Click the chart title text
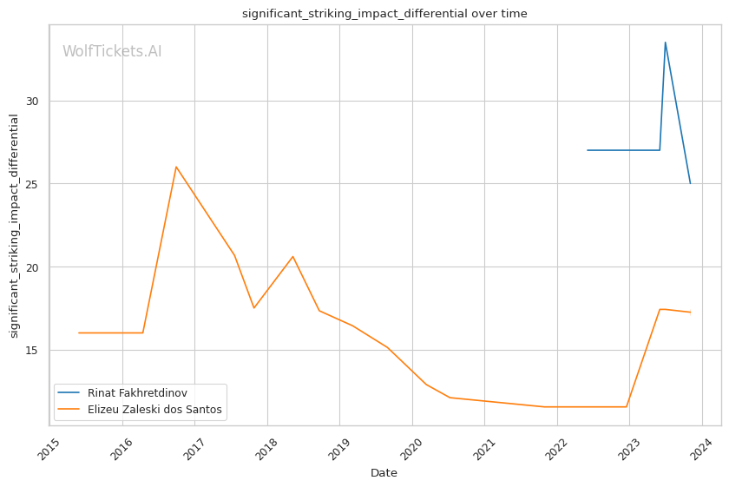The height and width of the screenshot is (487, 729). (384, 14)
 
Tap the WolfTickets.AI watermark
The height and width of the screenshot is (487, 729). (112, 52)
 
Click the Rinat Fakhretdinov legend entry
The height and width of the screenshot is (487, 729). (137, 393)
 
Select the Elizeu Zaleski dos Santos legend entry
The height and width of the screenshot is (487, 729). (154, 410)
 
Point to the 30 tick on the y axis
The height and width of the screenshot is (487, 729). (37, 101)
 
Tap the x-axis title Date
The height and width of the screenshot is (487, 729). (384, 473)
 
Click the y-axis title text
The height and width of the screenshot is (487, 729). (14, 226)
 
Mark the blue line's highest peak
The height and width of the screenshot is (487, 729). (666, 43)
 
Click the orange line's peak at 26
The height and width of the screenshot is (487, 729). (176, 167)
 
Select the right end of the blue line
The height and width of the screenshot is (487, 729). (691, 183)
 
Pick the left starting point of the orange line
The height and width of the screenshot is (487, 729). (79, 332)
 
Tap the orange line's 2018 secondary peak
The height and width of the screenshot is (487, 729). (292, 256)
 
